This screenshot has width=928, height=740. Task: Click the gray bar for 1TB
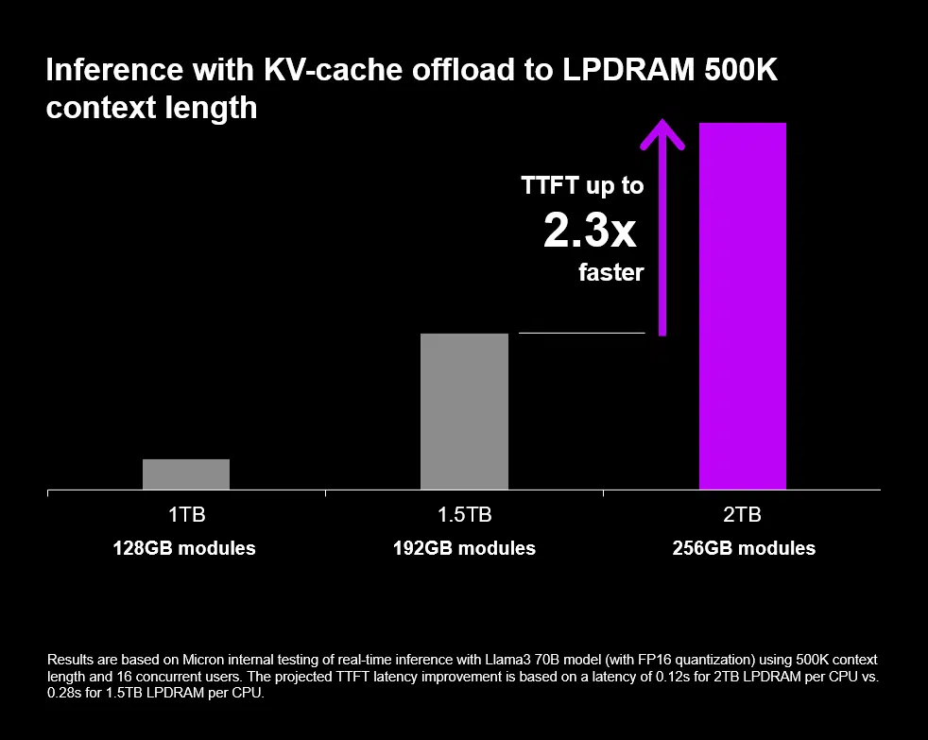186,474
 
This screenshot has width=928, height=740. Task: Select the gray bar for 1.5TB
464,411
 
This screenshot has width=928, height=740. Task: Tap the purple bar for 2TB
742,306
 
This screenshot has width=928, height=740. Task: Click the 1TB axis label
186,516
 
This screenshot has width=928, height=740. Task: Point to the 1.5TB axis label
464,516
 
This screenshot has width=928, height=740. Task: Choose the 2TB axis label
742,516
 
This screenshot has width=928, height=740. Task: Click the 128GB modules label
184,548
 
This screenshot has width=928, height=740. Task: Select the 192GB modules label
464,548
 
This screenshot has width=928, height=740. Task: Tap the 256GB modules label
744,548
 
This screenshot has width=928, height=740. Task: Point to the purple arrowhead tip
663,121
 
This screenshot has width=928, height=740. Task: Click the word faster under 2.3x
610,273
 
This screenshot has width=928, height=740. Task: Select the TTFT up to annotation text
582,186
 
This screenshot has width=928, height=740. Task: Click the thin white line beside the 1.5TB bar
581,334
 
